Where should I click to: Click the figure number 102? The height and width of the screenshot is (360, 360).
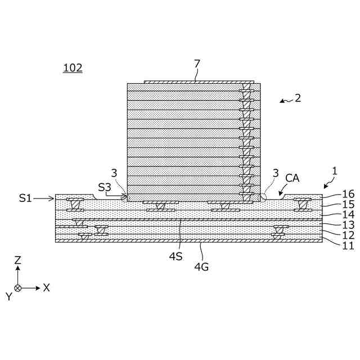73,68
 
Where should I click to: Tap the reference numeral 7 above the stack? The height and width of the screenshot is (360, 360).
197,64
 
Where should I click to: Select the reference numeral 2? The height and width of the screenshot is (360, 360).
298,98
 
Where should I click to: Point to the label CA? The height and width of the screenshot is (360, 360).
292,178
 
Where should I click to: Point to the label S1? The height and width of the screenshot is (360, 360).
26,198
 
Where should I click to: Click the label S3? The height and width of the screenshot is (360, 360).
105,187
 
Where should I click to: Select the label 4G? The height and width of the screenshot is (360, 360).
201,267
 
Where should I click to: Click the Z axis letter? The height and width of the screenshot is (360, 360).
18,260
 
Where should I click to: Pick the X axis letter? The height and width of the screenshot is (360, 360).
47,287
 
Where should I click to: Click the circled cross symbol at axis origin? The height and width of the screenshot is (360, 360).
18,287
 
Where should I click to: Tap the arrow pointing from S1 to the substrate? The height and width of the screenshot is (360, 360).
44,198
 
